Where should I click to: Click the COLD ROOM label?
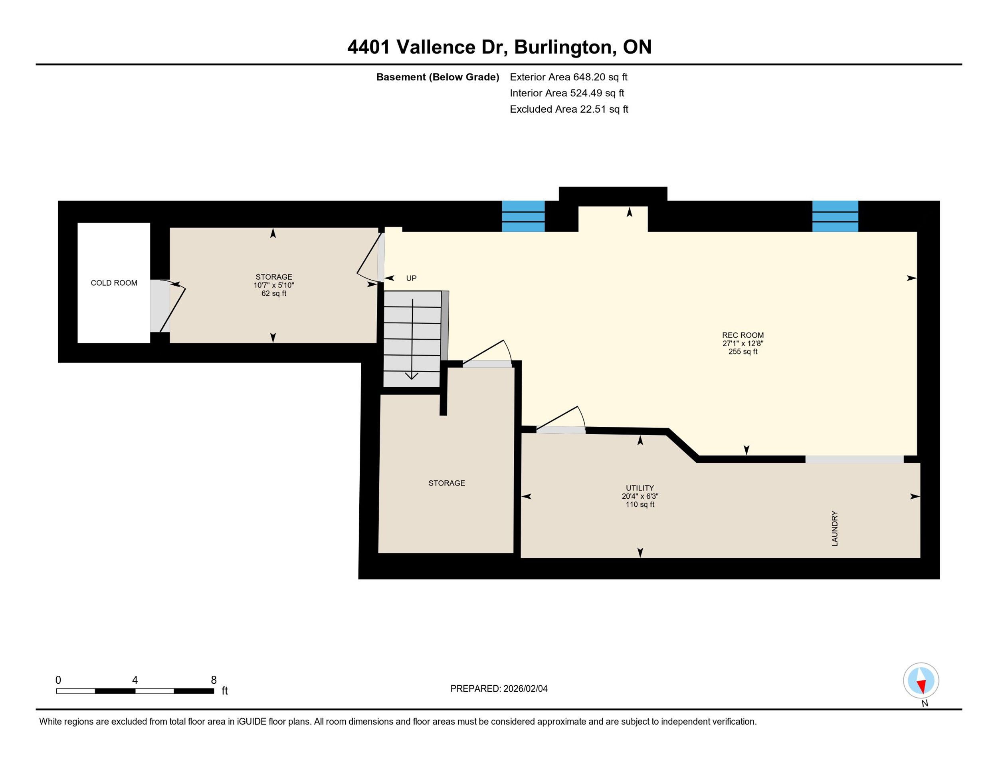pos(114,283)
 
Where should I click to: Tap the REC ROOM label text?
pos(743,335)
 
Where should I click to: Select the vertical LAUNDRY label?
pos(835,528)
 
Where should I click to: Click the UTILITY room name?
pos(640,488)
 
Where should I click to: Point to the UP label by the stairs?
pos(411,278)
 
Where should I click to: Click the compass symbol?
pos(921,680)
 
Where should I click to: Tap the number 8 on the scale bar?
pos(214,680)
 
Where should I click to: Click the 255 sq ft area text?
pos(743,352)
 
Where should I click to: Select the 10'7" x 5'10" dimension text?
pos(274,285)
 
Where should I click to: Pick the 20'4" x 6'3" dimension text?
pos(640,496)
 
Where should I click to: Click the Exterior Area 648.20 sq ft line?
pos(568,77)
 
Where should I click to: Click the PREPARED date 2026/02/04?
pos(525,688)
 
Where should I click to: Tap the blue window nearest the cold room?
pos(523,216)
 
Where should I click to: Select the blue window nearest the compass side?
pos(835,216)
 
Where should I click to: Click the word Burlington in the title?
pos(563,47)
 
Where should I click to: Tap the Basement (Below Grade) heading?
pos(437,77)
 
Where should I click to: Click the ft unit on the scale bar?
pos(225,690)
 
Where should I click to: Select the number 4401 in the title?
pos(368,47)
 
